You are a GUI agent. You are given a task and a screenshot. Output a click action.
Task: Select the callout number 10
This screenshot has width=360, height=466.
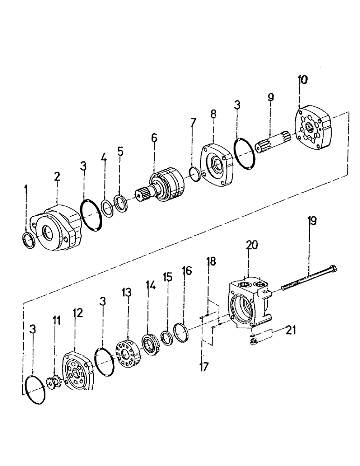303,80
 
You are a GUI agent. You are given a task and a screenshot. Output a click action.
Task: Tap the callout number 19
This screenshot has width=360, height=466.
312,220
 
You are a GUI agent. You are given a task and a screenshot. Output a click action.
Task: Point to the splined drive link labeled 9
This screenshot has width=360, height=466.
274,141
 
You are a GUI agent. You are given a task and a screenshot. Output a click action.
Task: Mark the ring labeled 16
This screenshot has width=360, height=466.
180,332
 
